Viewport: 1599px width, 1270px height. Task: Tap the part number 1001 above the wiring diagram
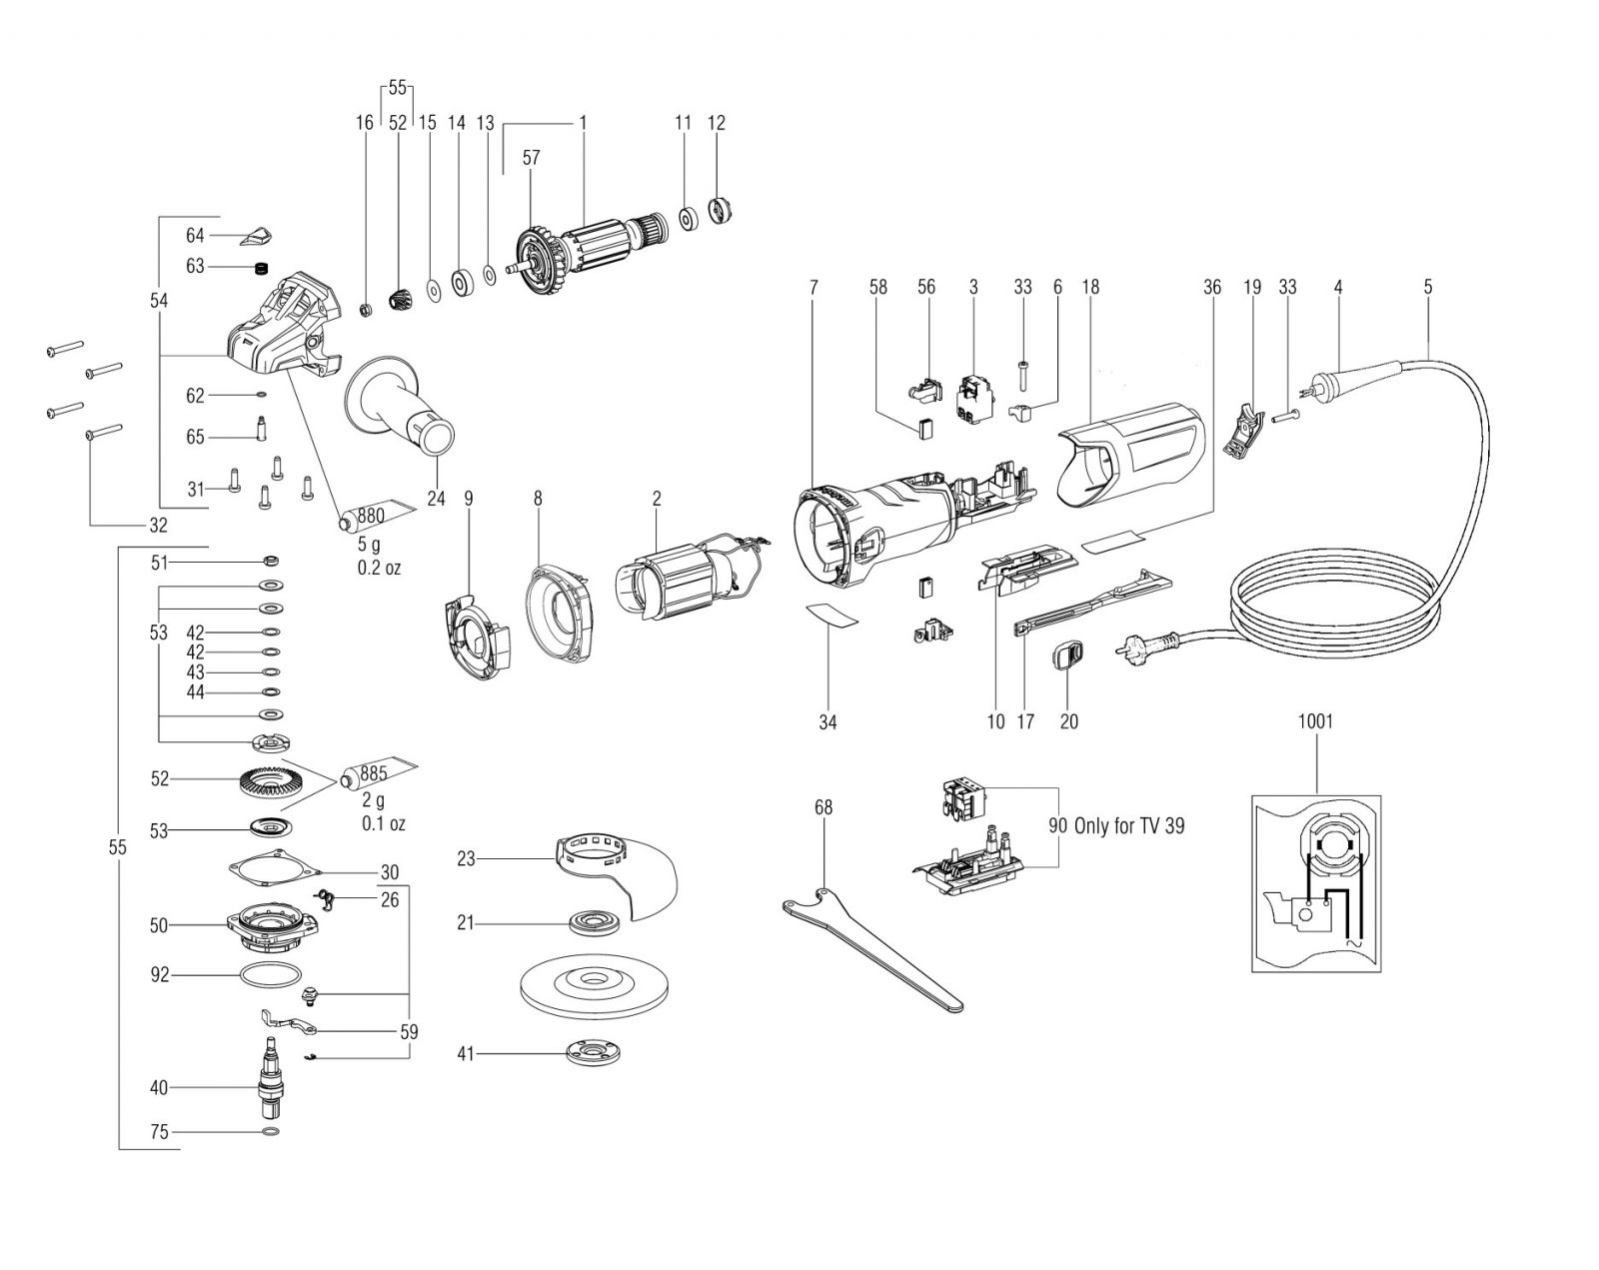pos(1315,720)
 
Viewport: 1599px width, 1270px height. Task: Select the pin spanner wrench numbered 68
pos(873,947)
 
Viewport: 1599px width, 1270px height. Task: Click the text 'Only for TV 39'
pos(1129,825)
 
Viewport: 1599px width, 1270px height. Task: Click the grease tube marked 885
pos(379,774)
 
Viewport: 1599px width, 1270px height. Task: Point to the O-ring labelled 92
pos(271,974)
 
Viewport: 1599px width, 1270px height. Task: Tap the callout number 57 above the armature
pos(531,158)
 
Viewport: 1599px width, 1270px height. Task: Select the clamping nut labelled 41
pos(593,1054)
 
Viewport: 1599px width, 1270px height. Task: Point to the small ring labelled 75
pos(272,1132)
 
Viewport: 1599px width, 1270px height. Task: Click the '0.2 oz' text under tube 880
pos(379,569)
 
